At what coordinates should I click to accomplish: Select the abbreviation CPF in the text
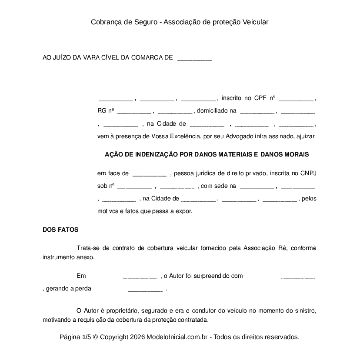tap(260, 98)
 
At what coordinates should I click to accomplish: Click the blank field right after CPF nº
tap(296, 99)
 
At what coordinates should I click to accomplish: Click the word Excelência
tap(181, 136)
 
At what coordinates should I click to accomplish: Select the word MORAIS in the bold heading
tap(297, 154)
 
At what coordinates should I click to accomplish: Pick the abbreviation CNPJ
tap(308, 173)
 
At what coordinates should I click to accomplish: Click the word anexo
tap(86, 257)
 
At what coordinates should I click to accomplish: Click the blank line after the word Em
tap(140, 277)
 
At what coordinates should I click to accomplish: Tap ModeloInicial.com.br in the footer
tap(179, 337)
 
